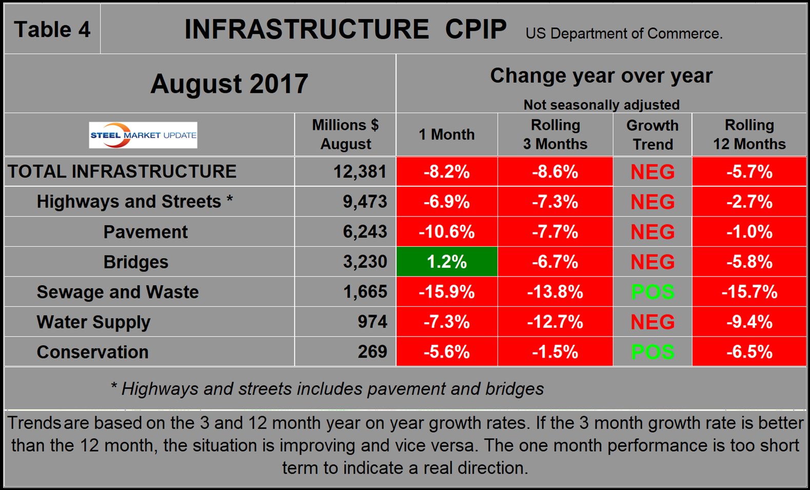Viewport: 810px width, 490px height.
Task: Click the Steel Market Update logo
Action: pos(143,135)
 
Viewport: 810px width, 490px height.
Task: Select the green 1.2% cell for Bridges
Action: pos(447,262)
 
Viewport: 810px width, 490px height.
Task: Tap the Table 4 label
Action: pos(52,29)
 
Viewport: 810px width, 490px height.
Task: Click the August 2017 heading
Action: pos(229,84)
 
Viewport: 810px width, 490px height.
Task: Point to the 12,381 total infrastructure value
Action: pos(360,171)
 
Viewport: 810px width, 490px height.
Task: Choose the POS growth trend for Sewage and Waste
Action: pos(653,292)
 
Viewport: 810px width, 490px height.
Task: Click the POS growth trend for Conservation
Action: pos(653,352)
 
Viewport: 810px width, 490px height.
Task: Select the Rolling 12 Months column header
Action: pos(749,134)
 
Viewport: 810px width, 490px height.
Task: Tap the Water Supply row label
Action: pos(93,322)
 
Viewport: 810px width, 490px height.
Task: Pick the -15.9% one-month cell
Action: pos(447,292)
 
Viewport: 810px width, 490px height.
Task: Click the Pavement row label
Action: pos(145,232)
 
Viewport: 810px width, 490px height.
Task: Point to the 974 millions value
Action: pos(372,322)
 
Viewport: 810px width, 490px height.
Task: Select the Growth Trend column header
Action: pos(653,135)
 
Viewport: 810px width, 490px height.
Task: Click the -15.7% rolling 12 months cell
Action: pos(749,292)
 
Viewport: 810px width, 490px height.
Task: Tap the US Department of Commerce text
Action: pos(624,34)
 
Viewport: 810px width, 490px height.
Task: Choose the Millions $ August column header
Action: pos(345,134)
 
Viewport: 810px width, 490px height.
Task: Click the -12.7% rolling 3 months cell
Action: pos(555,322)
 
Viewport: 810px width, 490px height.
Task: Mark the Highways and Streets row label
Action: pos(134,202)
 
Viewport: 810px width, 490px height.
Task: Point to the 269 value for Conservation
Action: pos(372,352)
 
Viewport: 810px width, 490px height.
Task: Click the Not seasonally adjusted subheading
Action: pos(602,105)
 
